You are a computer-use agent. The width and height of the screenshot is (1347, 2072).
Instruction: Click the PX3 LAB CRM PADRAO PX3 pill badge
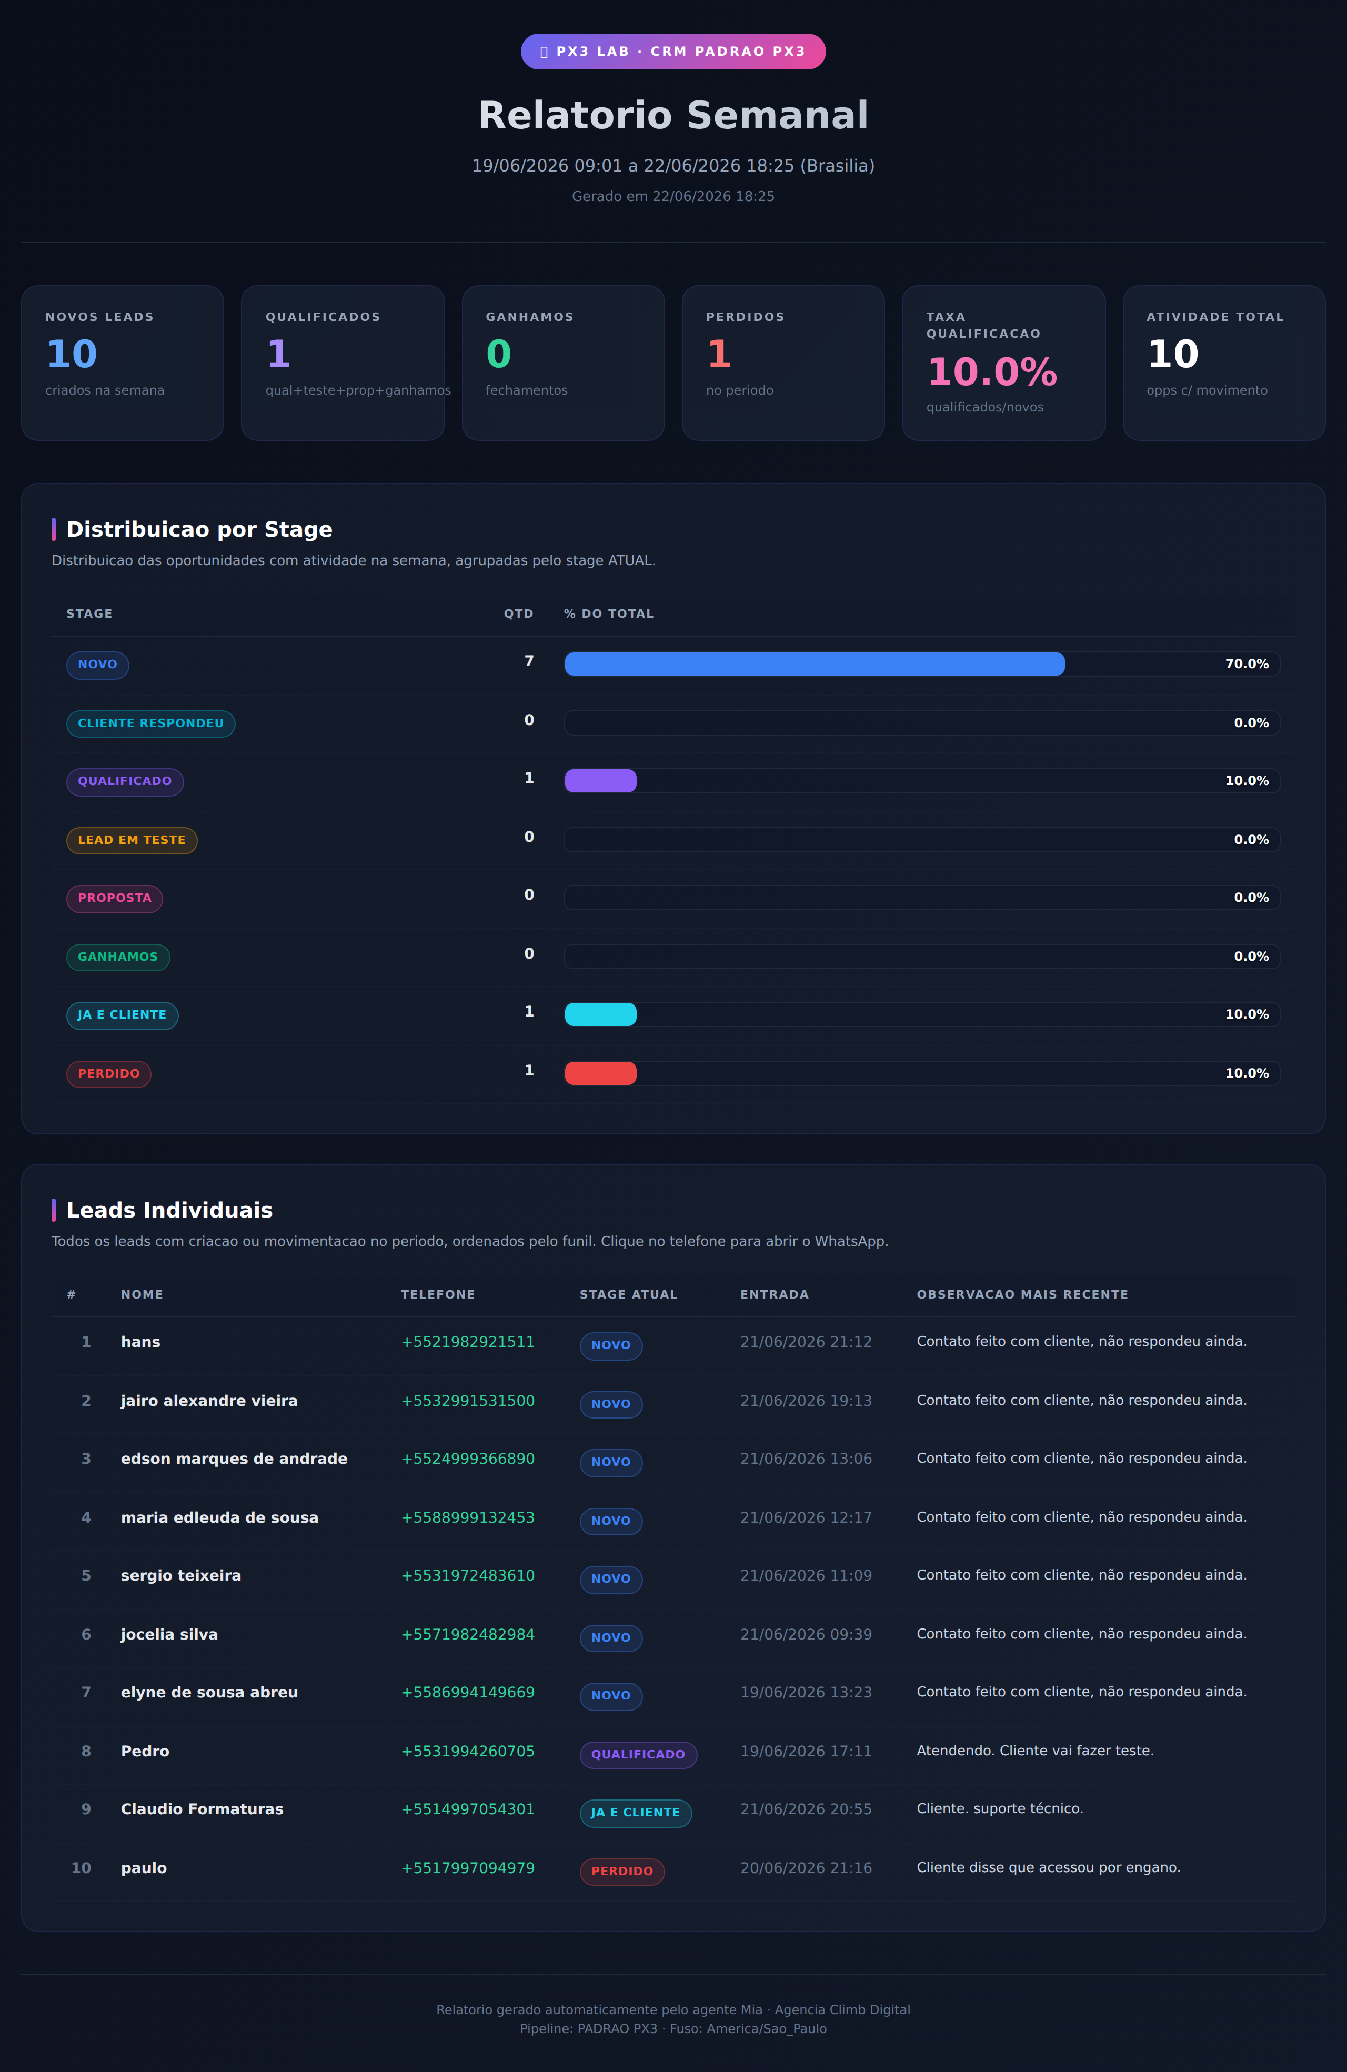tap(673, 52)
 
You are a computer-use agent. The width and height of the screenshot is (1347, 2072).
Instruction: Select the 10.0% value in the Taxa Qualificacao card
tap(992, 372)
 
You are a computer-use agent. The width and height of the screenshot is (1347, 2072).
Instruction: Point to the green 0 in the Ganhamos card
tap(499, 354)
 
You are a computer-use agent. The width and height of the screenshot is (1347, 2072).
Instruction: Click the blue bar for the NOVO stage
tap(814, 664)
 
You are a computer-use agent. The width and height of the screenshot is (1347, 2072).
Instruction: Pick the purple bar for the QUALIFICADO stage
tap(601, 781)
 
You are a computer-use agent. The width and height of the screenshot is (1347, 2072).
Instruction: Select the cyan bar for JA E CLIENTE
tap(601, 1014)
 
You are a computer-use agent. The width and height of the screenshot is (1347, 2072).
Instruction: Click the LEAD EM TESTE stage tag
tap(132, 840)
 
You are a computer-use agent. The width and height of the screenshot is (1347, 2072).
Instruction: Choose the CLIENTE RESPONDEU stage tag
tap(150, 723)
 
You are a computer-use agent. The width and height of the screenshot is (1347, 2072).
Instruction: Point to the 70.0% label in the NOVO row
tap(1247, 664)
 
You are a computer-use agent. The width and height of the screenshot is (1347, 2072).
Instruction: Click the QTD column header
tap(518, 614)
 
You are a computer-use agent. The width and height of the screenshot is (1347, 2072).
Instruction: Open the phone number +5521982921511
tap(468, 1342)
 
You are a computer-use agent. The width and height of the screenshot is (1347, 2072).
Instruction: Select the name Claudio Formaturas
tap(202, 1809)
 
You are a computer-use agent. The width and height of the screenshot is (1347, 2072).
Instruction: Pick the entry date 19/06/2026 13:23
tap(806, 1693)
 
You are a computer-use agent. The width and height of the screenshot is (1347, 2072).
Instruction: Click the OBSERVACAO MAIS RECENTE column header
tap(1022, 1294)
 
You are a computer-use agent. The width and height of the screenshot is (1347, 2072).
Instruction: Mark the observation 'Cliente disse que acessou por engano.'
tap(1048, 1867)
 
